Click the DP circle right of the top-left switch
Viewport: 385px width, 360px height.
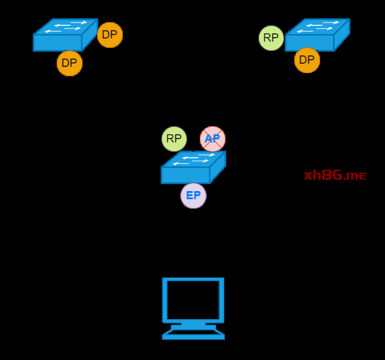[x=110, y=35]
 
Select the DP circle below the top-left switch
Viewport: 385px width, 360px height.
[x=69, y=63]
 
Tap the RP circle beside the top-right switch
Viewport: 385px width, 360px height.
[x=271, y=38]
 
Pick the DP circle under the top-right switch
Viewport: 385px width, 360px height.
[x=307, y=60]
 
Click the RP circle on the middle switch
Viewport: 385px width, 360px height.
[x=174, y=139]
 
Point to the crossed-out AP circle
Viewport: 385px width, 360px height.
[x=212, y=139]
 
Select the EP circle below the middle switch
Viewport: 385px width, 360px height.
[x=193, y=195]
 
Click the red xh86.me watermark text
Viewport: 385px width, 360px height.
[x=335, y=175]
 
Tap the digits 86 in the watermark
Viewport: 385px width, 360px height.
[x=332, y=175]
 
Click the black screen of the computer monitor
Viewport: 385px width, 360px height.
[x=193, y=300]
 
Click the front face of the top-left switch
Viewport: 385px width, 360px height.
[x=57, y=42]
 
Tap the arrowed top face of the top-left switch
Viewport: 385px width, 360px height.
[x=66, y=27]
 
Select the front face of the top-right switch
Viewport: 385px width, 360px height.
[x=309, y=42]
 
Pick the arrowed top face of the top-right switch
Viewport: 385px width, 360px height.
[x=318, y=27]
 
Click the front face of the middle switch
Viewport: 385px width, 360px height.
[x=185, y=175]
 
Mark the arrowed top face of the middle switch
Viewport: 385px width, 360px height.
[x=194, y=159]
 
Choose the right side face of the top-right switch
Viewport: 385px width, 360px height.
[x=342, y=35]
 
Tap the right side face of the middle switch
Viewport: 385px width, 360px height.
[x=217, y=167]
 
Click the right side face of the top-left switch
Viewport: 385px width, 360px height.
[x=89, y=35]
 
